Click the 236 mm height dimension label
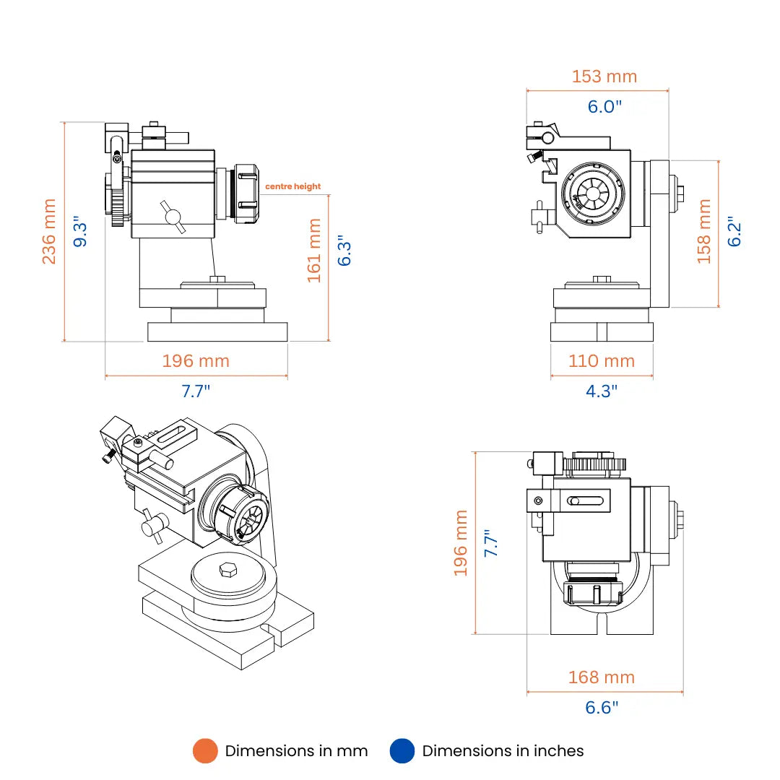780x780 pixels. (49, 231)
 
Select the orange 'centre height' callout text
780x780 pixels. (292, 186)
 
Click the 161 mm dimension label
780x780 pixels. (314, 250)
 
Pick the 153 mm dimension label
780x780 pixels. (604, 76)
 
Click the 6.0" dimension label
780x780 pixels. (604, 107)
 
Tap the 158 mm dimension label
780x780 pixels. (704, 231)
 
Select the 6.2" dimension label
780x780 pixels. (734, 231)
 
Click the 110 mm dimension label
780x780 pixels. (602, 360)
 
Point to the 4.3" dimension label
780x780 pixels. (602, 391)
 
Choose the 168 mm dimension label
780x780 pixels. (602, 677)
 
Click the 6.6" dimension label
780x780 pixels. (602, 708)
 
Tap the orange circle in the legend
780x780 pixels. (205, 751)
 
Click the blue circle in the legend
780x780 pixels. (402, 751)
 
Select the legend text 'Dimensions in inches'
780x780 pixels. (503, 751)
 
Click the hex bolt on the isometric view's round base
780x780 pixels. (225, 571)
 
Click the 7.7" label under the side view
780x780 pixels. (196, 391)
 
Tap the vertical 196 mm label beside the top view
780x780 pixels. (461, 543)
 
